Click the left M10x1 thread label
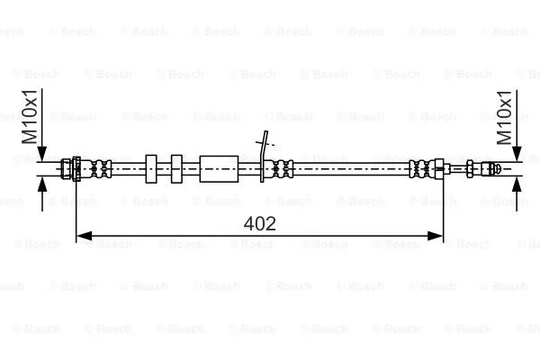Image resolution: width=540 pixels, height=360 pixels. pos(29,117)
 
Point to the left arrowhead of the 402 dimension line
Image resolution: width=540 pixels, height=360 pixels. pos(82,236)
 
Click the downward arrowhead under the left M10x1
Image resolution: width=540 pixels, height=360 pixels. pos(42,154)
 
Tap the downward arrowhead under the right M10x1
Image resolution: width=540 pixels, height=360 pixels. pos(517,154)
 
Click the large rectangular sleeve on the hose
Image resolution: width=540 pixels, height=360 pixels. pos(219,167)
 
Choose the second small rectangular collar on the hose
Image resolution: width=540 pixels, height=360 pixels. pos(176,167)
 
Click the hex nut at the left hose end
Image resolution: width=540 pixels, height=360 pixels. pos(70,167)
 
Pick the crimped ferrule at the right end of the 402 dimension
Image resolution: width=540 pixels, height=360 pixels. pos(423,167)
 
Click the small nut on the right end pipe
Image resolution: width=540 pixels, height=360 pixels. pos(470,167)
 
